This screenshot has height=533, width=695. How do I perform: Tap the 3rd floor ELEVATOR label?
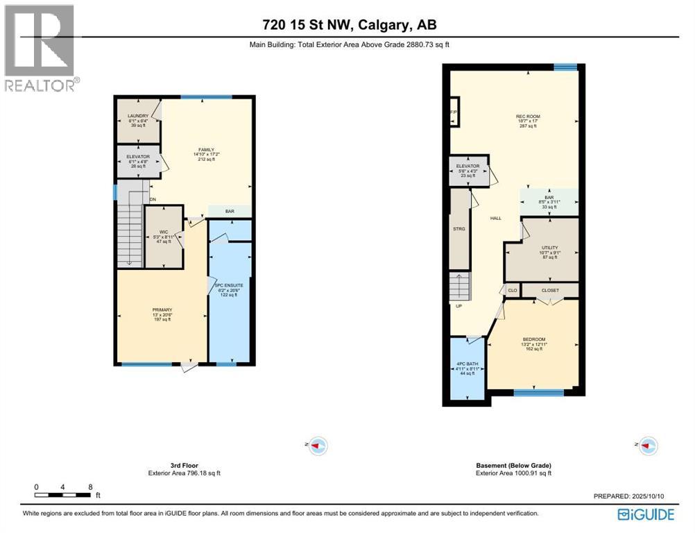(x=138, y=157)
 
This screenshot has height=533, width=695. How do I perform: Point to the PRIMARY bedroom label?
(x=162, y=310)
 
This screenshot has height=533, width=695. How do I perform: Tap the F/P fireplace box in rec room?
(x=454, y=112)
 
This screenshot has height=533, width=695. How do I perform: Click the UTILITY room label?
(x=549, y=247)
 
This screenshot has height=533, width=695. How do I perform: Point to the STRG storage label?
(x=459, y=228)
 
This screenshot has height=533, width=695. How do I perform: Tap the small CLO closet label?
(x=513, y=290)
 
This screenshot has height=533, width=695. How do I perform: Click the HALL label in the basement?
(x=496, y=218)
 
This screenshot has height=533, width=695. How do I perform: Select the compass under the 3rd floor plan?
(x=318, y=445)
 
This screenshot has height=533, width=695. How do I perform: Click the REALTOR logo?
(x=40, y=47)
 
